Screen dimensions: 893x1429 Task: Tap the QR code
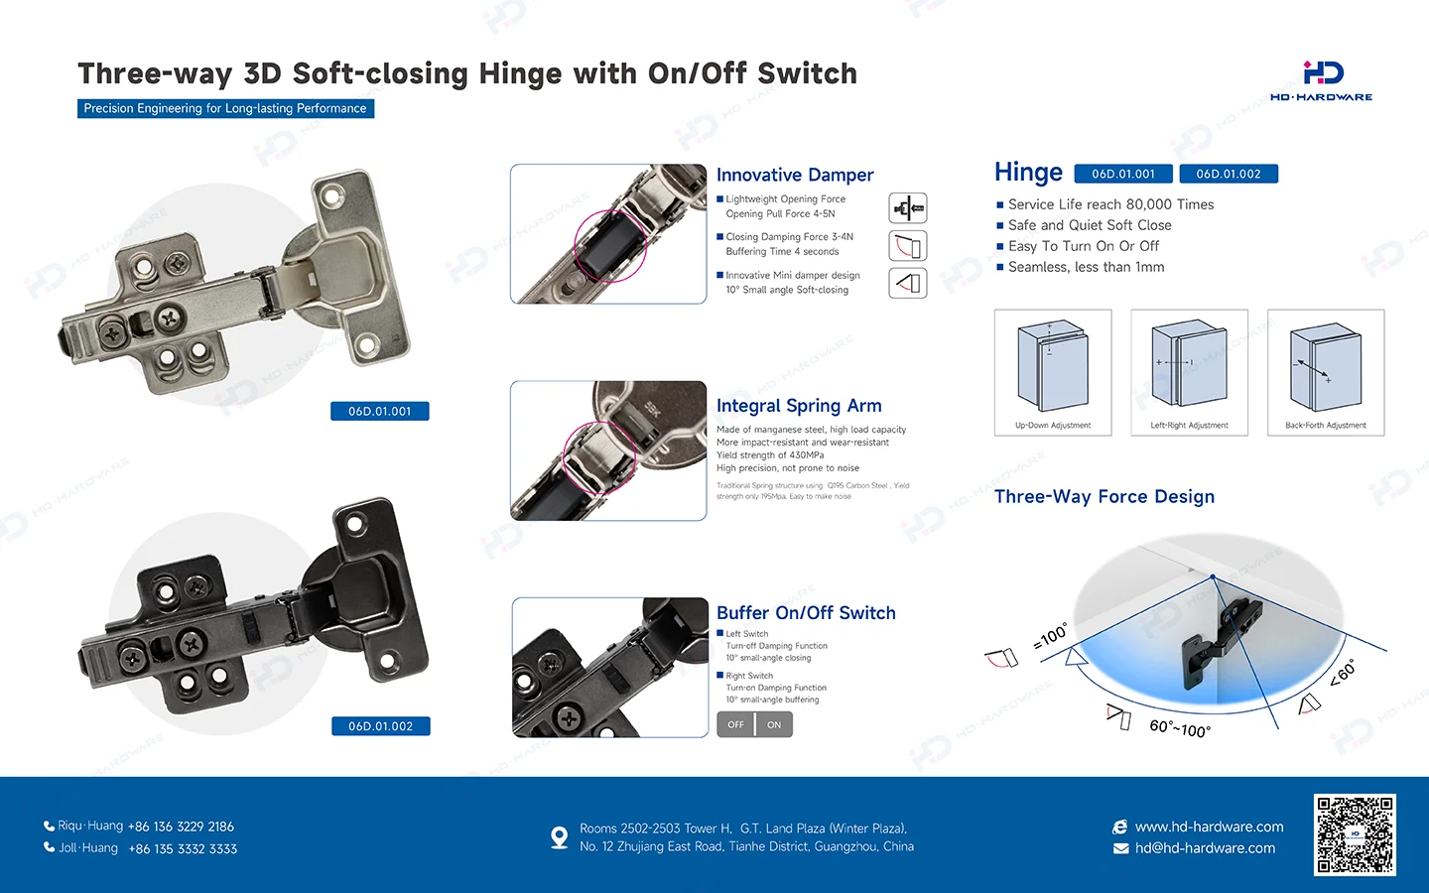1355,834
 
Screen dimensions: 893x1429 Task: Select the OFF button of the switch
735,725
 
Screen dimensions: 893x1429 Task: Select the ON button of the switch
774,725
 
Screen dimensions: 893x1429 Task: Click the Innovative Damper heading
795,176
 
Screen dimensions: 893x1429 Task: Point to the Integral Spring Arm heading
799,406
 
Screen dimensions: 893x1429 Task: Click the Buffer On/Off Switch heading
806,613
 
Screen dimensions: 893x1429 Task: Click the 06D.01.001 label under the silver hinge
379,412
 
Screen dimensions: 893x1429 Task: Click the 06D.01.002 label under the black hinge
380,726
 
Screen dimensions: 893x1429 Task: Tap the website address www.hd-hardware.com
1209,827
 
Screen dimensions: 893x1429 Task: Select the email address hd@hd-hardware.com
1205,848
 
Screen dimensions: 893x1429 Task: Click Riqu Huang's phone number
181,827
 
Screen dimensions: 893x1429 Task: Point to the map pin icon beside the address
560,837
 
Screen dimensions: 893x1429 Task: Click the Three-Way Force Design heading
1104,497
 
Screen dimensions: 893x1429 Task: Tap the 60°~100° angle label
1180,728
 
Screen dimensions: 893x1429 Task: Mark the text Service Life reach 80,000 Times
1110,204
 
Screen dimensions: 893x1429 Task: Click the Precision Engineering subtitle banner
225,108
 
